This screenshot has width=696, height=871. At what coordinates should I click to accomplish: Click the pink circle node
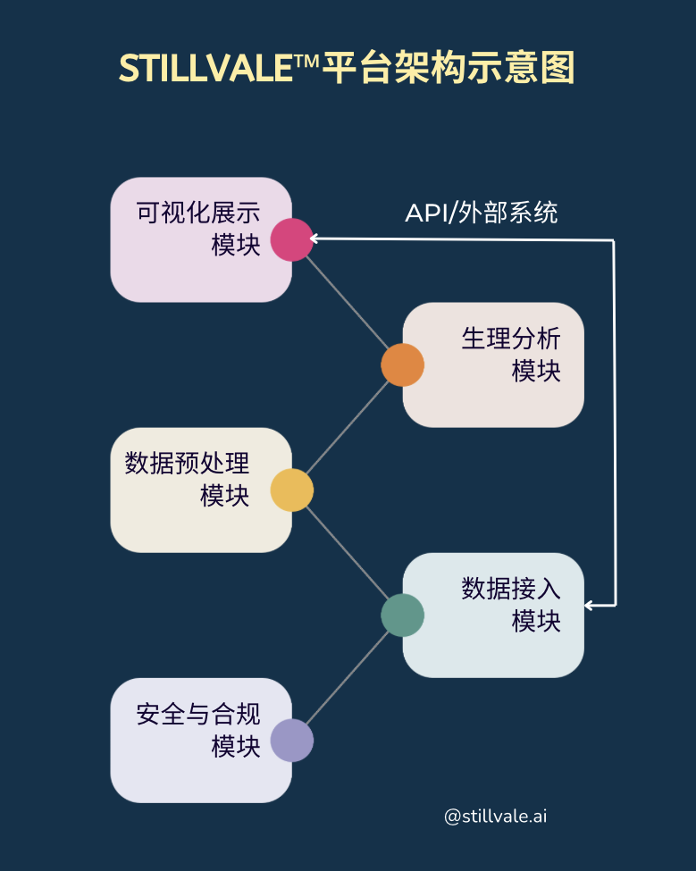[x=292, y=239]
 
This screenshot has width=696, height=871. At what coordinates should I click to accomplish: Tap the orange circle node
[x=402, y=364]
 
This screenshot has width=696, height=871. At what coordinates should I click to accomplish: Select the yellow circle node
[x=292, y=490]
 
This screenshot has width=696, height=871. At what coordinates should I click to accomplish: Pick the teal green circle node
[x=402, y=615]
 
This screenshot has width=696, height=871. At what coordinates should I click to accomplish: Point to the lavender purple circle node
[x=292, y=740]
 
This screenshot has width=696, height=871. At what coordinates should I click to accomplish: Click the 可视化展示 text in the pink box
[x=197, y=214]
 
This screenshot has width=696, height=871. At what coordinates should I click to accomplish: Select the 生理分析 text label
[x=511, y=339]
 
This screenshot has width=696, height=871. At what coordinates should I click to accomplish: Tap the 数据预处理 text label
[x=187, y=465]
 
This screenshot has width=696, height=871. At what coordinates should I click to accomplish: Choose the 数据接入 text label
[x=511, y=590]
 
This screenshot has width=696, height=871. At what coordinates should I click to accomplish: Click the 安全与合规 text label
[x=197, y=715]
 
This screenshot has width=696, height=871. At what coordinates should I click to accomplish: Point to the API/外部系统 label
[x=481, y=214]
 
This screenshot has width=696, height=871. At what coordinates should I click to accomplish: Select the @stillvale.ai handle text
[x=495, y=816]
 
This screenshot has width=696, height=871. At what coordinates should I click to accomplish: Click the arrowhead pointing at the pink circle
[x=315, y=239]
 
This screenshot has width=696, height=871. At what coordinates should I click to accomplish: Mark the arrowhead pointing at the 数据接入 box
[x=590, y=605]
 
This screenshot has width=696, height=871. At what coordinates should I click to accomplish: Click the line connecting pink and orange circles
[x=348, y=302]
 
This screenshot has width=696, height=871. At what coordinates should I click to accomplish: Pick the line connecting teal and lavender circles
[x=348, y=677]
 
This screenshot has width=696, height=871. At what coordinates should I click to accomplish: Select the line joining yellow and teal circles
[x=348, y=552]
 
